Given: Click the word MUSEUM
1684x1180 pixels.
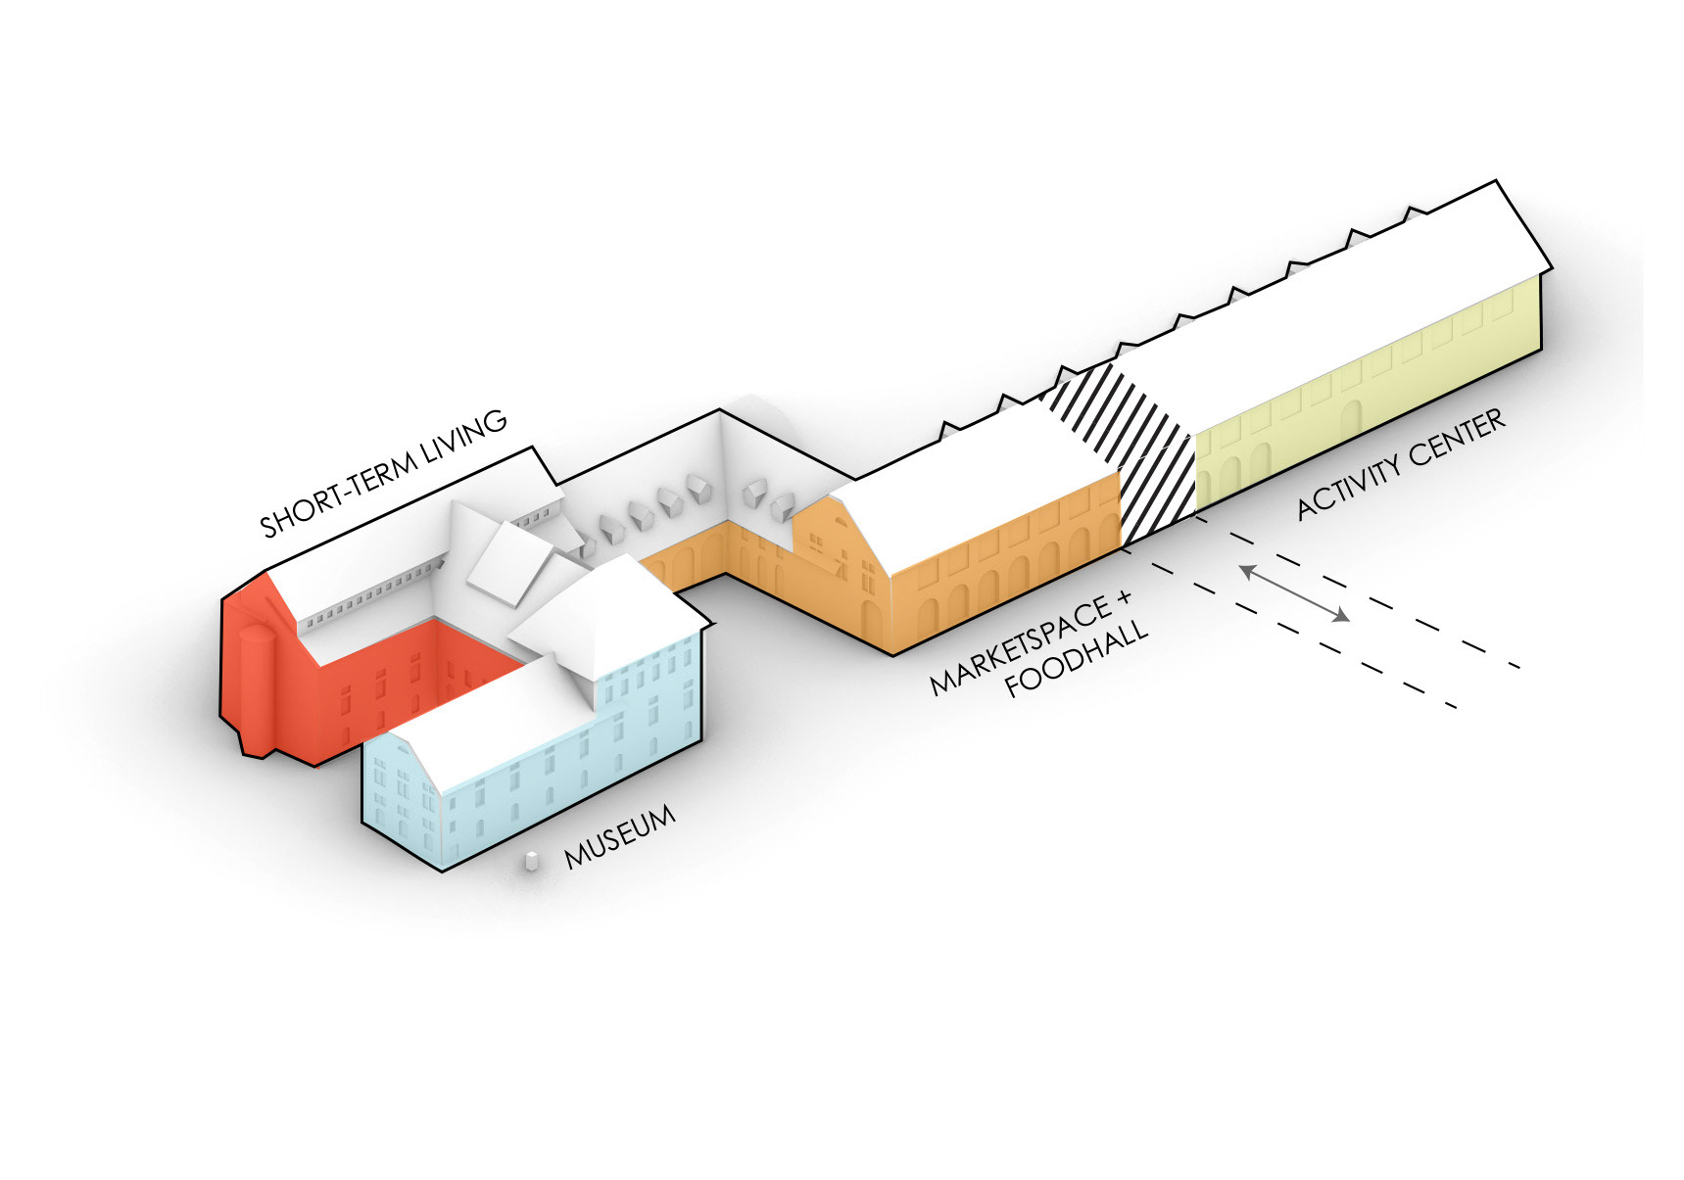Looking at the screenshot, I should [620, 837].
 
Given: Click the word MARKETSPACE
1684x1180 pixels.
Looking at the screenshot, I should [1020, 646].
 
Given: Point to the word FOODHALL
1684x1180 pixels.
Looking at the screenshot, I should [1076, 658].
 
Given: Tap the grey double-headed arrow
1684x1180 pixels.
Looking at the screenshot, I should [1294, 592].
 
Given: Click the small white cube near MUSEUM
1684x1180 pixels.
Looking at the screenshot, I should [531, 861].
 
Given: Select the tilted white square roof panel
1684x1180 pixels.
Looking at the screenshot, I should [509, 562].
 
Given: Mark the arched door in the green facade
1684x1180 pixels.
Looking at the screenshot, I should [1352, 419].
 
